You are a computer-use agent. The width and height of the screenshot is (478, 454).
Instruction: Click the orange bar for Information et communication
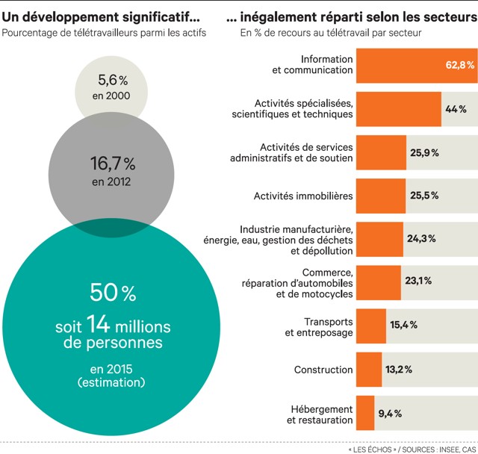[403, 65]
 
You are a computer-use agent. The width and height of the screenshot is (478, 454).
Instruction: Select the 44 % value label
[456, 109]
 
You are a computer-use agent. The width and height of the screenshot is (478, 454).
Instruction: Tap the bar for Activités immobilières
[381, 196]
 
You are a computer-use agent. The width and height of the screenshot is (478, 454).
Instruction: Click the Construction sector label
[323, 370]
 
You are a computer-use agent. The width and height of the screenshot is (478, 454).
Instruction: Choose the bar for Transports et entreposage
[371, 326]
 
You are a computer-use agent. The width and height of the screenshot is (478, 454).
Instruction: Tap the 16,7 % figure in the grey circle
[113, 163]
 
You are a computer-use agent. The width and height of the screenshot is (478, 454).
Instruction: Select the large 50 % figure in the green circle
[113, 293]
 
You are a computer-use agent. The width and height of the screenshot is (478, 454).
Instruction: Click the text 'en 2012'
[112, 181]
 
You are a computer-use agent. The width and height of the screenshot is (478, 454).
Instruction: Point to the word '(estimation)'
[112, 382]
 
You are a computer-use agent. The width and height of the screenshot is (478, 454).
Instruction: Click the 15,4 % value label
[403, 326]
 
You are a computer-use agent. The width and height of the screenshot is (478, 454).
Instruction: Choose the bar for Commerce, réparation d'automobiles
[379, 283]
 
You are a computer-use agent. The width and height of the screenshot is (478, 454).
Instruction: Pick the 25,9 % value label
[424, 152]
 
